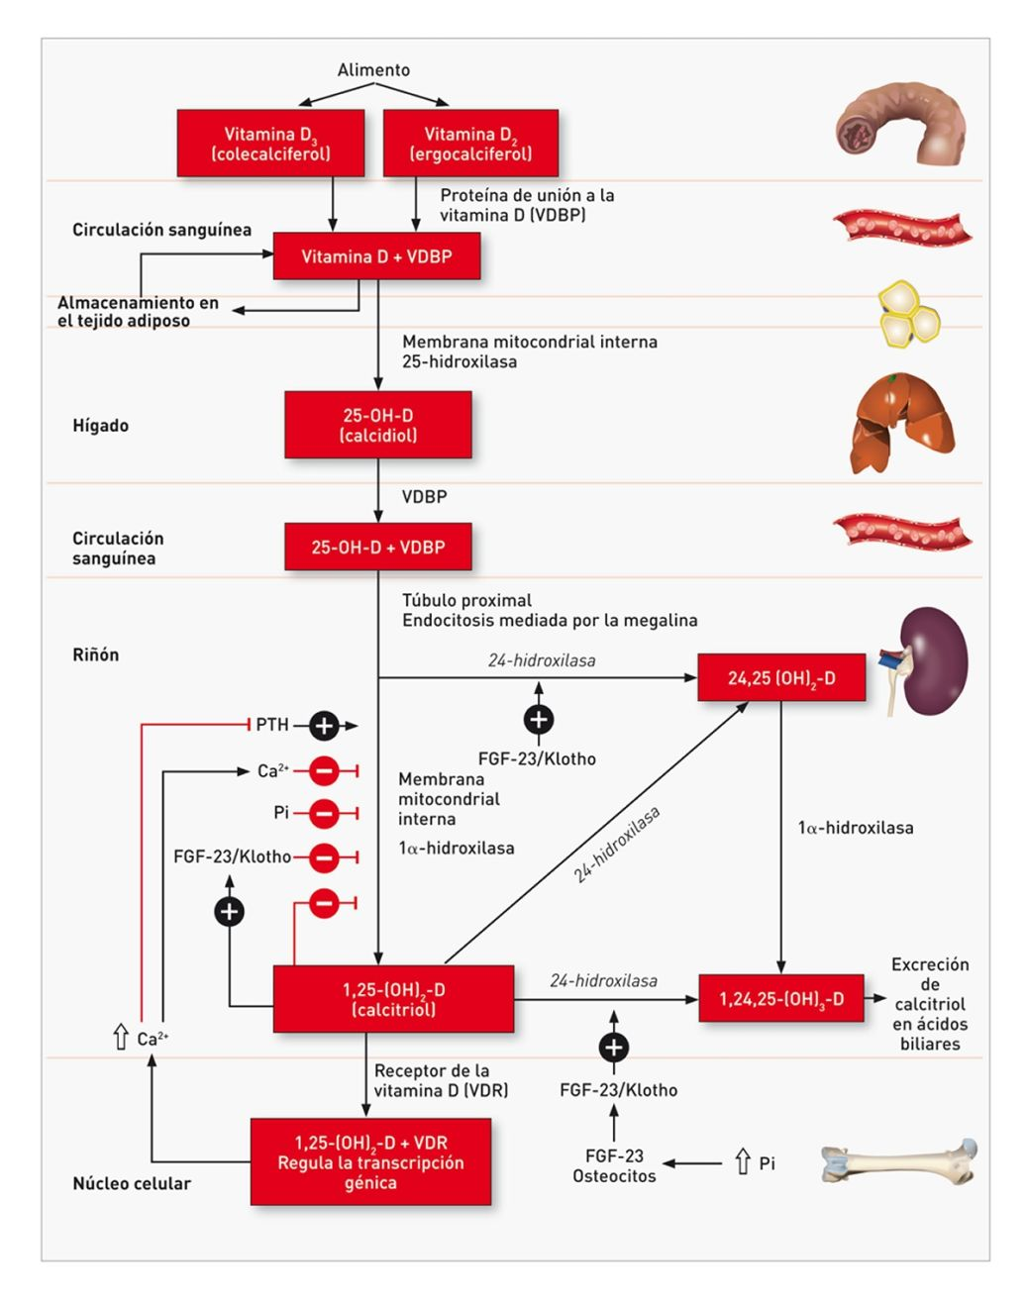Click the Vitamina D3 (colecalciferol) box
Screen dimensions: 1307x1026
pyautogui.click(x=270, y=144)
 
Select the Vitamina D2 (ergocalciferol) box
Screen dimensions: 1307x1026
pyautogui.click(x=470, y=144)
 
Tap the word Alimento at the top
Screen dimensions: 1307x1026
pyautogui.click(x=373, y=70)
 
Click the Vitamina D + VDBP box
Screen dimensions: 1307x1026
pyautogui.click(x=376, y=256)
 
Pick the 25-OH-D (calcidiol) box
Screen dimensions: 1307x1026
pyautogui.click(x=377, y=425)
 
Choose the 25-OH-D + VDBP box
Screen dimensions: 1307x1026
pyautogui.click(x=377, y=548)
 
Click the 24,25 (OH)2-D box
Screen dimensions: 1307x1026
pyautogui.click(x=781, y=678)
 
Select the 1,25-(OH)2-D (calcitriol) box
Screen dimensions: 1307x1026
pyautogui.click(x=393, y=999)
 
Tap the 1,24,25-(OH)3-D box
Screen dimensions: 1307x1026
pyautogui.click(x=781, y=999)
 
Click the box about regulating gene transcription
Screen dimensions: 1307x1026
pyautogui.click(x=370, y=1162)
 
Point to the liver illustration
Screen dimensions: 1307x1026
pyautogui.click(x=901, y=424)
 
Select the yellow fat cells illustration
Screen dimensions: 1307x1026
pyautogui.click(x=907, y=314)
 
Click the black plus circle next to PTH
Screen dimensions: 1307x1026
pyautogui.click(x=324, y=726)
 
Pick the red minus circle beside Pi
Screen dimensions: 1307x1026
pyautogui.click(x=324, y=814)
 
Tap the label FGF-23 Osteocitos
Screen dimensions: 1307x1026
pyautogui.click(x=614, y=1165)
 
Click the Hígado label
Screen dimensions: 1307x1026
pyautogui.click(x=100, y=426)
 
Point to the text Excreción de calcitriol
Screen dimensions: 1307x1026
pyautogui.click(x=930, y=1003)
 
